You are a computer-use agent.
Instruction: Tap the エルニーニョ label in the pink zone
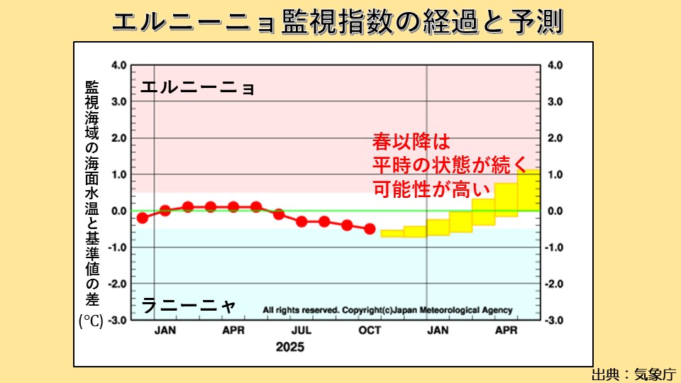pyautogui.click(x=196, y=89)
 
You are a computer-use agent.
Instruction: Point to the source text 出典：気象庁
pyautogui.click(x=633, y=374)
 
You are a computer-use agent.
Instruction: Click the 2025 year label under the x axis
pyautogui.click(x=290, y=347)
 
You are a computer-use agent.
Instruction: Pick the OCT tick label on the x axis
pyautogui.click(x=370, y=331)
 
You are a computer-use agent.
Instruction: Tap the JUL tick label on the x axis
pyautogui.click(x=301, y=331)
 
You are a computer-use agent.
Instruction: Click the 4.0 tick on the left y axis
pyautogui.click(x=118, y=65)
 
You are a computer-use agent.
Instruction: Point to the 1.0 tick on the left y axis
pyautogui.click(x=118, y=174)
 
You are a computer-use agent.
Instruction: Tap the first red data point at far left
pyautogui.click(x=143, y=218)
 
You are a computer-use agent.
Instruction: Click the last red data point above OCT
pyautogui.click(x=370, y=228)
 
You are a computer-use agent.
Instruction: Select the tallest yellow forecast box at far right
pyautogui.click(x=529, y=190)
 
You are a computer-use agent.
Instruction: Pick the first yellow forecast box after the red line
pyautogui.click(x=392, y=233)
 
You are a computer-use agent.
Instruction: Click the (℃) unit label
pyautogui.click(x=91, y=321)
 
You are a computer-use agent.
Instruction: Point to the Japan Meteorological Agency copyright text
pyautogui.click(x=387, y=311)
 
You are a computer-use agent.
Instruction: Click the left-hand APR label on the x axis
pyautogui.click(x=233, y=331)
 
